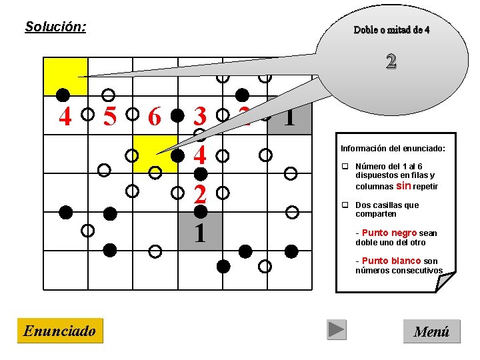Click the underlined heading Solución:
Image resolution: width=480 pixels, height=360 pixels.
(55, 27)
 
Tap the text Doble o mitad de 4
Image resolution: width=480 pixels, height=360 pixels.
(391, 30)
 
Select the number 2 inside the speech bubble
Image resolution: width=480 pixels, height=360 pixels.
(391, 61)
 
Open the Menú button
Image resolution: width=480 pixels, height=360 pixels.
(431, 331)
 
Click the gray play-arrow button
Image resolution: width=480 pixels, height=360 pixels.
(337, 329)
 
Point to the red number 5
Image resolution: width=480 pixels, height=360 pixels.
(109, 117)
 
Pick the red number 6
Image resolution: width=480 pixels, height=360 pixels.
(155, 117)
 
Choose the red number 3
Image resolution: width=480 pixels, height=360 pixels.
(199, 117)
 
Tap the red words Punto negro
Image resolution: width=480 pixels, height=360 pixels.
(389, 233)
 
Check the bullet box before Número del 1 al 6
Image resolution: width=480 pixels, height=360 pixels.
(345, 167)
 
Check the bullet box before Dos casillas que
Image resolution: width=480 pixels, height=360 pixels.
(345, 205)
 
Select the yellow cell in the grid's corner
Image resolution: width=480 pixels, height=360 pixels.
(65, 75)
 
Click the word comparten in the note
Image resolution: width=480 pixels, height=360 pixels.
(376, 214)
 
